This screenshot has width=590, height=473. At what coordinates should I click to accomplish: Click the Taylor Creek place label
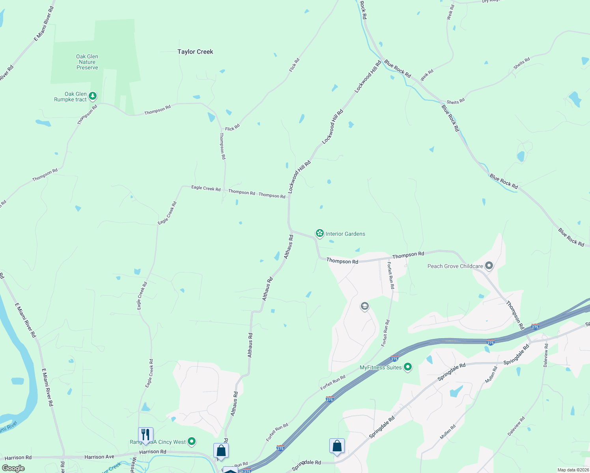(195, 52)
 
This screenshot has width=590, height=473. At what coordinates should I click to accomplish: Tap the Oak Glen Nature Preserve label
(87, 62)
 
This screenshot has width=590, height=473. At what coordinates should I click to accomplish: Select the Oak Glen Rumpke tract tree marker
(93, 96)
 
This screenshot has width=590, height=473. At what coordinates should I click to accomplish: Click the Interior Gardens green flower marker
(319, 233)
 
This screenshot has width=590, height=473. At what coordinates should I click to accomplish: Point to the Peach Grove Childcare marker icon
(489, 266)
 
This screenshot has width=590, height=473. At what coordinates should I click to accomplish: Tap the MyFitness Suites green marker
(408, 367)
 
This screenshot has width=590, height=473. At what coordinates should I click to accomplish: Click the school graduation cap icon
(365, 306)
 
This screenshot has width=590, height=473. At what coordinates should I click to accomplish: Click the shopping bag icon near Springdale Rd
(337, 446)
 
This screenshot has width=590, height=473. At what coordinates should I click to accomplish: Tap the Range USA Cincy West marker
(192, 441)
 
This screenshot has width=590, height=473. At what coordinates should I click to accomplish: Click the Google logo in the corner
(13, 468)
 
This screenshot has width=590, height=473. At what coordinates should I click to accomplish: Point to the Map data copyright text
(573, 470)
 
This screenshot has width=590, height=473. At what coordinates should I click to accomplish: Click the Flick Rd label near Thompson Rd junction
(232, 128)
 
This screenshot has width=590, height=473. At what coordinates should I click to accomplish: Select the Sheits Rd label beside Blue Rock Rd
(456, 102)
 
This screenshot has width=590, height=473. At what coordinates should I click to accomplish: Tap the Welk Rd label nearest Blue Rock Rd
(427, 75)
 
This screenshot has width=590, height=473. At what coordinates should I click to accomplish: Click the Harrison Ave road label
(99, 457)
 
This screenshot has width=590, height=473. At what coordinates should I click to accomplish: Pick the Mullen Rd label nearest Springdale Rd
(491, 374)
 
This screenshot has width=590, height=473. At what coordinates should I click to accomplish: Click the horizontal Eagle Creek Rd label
(206, 188)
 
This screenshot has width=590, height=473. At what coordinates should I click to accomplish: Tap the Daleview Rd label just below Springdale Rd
(546, 355)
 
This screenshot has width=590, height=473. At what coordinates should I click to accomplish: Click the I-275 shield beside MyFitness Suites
(394, 359)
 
